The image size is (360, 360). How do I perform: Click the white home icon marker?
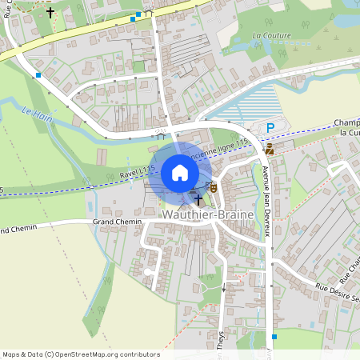pyautogui.click(x=180, y=173)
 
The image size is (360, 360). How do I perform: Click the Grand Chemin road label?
pyautogui.click(x=117, y=220)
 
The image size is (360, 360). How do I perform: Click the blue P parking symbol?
pyautogui.click(x=270, y=128)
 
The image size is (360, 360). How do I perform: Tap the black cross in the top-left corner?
pyautogui.click(x=50, y=13)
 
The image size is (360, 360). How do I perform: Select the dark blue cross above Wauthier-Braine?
pyautogui.click(x=198, y=198)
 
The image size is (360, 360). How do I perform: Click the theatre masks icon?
pyautogui.click(x=214, y=186)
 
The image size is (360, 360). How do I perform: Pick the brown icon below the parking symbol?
pyautogui.click(x=270, y=149)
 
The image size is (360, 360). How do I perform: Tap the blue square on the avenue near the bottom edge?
pyautogui.click(x=274, y=337)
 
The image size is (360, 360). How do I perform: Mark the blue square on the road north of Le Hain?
pyautogui.click(x=38, y=75)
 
